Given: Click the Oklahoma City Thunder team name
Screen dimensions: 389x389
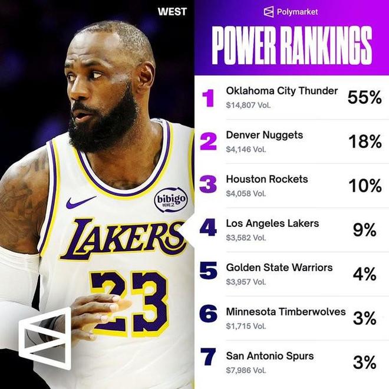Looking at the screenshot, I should click(282, 91).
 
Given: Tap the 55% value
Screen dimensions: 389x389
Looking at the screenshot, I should click(364, 97).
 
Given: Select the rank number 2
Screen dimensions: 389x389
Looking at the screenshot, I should click(208, 141).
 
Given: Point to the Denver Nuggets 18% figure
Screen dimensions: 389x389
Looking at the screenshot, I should click(365, 141).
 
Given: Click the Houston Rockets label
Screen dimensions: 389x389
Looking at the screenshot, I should click(267, 179).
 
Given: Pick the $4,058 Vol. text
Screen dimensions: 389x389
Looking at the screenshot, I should click(246, 193).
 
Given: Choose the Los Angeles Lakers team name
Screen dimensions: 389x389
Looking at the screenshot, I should click(272, 223).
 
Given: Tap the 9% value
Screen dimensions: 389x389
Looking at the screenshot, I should click(365, 230).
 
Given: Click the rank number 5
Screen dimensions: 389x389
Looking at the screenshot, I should click(208, 270).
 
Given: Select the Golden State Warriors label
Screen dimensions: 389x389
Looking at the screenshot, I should click(279, 268).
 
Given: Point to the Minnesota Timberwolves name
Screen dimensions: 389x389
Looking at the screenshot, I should click(285, 312).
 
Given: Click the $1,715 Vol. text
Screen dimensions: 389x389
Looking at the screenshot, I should click(246, 326).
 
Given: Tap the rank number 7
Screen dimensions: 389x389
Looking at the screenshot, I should click(208, 358).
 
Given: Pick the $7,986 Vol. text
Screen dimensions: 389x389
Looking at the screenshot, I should click(246, 370).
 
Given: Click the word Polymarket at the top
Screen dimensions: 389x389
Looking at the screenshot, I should click(298, 12).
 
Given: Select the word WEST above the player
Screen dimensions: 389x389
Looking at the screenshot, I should click(172, 11).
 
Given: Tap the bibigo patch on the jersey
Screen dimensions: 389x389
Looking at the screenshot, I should click(171, 200).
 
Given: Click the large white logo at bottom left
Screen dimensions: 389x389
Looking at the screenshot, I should click(45, 338).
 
